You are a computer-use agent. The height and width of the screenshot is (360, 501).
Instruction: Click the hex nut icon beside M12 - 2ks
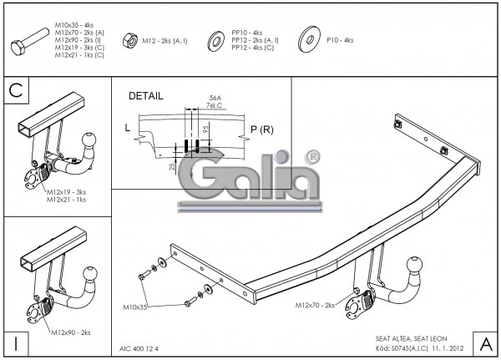tap(130, 38)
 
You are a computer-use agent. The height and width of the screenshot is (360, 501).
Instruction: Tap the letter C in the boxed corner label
tap(15, 90)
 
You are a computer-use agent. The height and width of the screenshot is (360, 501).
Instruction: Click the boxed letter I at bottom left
tap(15, 343)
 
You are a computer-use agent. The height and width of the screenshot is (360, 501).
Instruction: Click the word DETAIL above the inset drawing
tap(146, 96)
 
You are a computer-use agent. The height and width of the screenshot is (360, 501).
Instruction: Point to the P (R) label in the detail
tap(262, 129)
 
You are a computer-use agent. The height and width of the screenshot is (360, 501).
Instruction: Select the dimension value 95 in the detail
tap(205, 131)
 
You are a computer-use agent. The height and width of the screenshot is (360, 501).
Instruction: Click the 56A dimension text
tap(215, 98)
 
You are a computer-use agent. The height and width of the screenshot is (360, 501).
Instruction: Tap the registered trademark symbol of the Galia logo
tap(311, 156)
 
